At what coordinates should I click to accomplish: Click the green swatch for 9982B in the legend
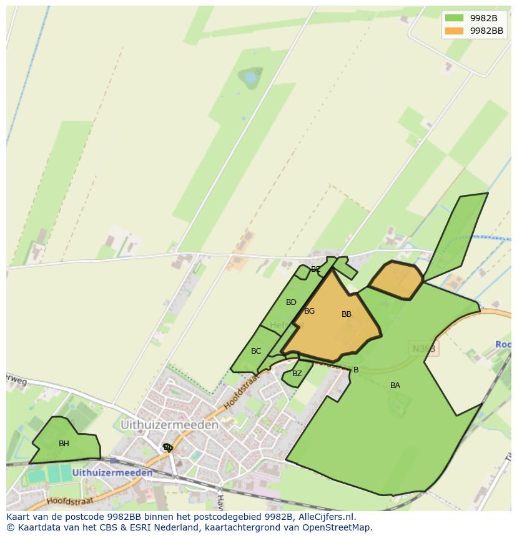coord(454,18)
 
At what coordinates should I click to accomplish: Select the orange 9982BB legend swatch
coord(454,31)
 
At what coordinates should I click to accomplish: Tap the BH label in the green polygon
coord(64,444)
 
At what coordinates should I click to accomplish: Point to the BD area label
coord(291,302)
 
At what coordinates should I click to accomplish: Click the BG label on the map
coord(309,311)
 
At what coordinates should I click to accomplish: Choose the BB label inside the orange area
coord(347,314)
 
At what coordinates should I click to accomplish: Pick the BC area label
coord(256,351)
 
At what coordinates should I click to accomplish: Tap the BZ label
coord(297,374)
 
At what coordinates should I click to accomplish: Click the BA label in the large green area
coord(395,386)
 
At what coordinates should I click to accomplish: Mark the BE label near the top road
coord(316,269)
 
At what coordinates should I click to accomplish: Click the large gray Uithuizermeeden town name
coord(169,425)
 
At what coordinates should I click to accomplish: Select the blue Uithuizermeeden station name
coord(112,473)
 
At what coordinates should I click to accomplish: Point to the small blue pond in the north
coord(252,78)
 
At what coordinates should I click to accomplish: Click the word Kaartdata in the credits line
coord(37,527)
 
